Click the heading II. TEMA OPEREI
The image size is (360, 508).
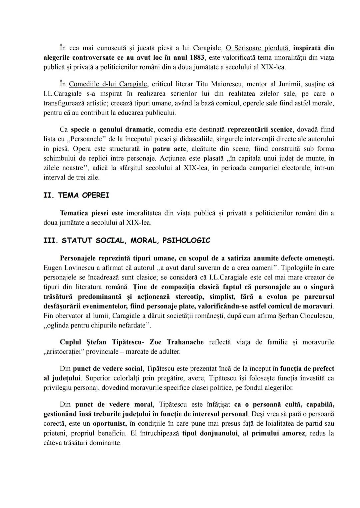coord(76,196)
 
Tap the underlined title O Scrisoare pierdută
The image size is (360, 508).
coord(257,48)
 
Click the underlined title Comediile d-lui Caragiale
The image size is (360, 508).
coord(108,84)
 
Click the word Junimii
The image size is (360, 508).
coord(289,84)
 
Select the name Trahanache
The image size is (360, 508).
coord(185,342)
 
